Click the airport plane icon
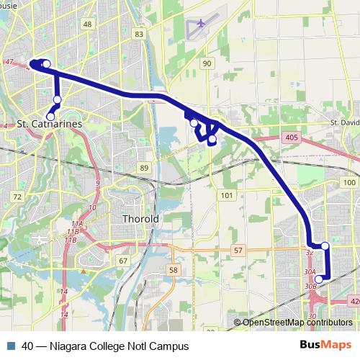click(x=201, y=23)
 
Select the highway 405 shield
click(x=291, y=136)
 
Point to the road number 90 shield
click(x=207, y=65)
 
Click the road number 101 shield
click(x=227, y=195)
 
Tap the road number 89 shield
click(x=144, y=168)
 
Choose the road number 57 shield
click(x=238, y=249)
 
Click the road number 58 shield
click(x=173, y=269)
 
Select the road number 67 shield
click(x=123, y=261)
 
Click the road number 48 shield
click(x=87, y=24)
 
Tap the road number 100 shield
click(x=349, y=183)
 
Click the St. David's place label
click(x=344, y=123)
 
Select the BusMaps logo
click(x=325, y=346)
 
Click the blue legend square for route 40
click(x=11, y=346)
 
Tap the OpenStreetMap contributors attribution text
click(x=297, y=323)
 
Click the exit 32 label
click(x=310, y=253)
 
